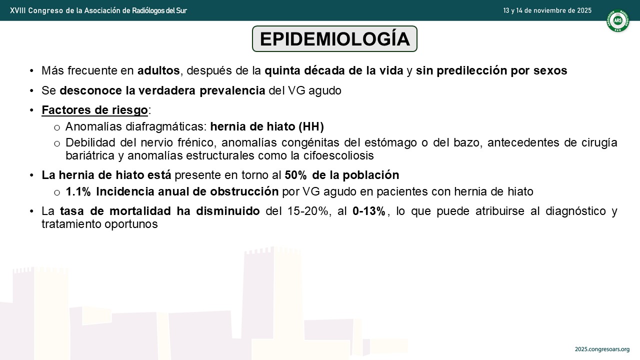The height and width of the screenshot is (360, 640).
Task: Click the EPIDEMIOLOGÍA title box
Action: click(x=334, y=39)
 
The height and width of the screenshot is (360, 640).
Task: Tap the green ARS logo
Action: click(x=617, y=20)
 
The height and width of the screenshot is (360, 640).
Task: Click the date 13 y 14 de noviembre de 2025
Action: click(x=547, y=10)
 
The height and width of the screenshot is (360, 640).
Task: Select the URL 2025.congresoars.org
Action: click(x=602, y=349)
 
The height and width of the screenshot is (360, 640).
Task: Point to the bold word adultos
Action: click(x=158, y=70)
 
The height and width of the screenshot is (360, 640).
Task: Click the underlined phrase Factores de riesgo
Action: click(x=95, y=110)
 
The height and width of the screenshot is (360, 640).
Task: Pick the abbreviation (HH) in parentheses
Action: click(x=311, y=126)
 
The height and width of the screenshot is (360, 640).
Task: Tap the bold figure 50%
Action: click(x=296, y=175)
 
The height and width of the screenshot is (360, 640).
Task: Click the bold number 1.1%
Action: click(x=78, y=191)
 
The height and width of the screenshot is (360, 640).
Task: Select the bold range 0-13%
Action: click(x=369, y=211)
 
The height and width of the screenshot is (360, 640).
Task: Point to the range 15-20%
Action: click(x=307, y=211)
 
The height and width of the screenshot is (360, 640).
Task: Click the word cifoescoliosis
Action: click(x=338, y=155)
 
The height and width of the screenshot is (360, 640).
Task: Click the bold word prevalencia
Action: click(x=232, y=90)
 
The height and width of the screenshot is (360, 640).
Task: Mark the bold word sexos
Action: click(x=550, y=70)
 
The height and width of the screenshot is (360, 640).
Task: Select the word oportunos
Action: click(x=131, y=224)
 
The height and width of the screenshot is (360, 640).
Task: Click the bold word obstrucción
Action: click(x=244, y=191)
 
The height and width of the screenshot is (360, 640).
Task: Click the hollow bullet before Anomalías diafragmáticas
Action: click(x=57, y=127)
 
